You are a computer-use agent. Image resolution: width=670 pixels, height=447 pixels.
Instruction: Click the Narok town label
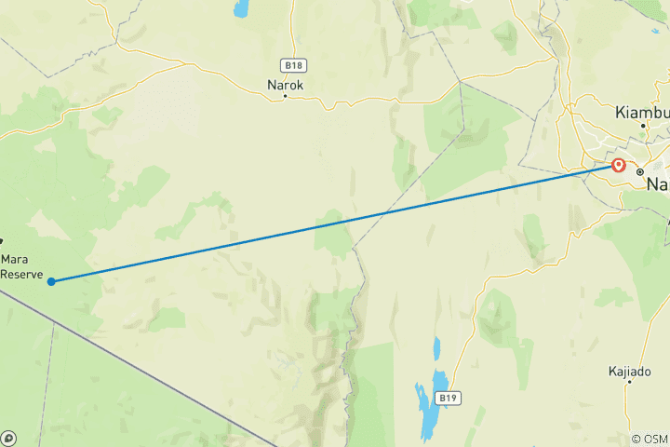286,84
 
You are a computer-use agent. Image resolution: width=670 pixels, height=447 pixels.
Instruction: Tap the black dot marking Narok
286,96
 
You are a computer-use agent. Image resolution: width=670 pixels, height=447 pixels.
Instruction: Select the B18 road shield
294,65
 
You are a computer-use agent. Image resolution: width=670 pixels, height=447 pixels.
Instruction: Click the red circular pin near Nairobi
619,166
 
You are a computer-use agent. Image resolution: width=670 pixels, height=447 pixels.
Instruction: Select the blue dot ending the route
51,280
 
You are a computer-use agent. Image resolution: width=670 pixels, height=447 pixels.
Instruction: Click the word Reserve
21,274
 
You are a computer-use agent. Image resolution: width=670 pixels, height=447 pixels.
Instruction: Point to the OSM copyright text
650,439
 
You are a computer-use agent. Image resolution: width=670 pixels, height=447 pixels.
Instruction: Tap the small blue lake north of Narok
242,9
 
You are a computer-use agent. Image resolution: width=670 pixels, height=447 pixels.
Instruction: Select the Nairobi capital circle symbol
640,172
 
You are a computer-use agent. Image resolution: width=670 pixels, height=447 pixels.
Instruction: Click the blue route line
335,223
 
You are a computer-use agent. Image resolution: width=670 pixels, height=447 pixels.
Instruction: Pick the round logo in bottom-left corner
8,438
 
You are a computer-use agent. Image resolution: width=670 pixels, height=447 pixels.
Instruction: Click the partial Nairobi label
657,184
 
